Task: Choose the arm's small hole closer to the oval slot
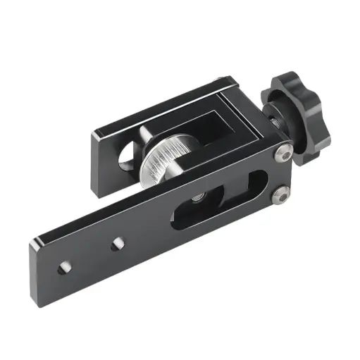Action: (116, 244)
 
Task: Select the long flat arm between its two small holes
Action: (90, 255)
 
